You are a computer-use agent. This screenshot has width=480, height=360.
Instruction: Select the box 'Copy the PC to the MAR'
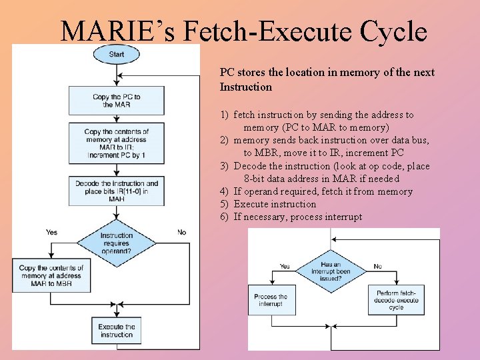pyautogui.click(x=117, y=101)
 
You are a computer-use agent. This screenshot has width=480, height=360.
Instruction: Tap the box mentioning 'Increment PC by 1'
pyautogui.click(x=117, y=143)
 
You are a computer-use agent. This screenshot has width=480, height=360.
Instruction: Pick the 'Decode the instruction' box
pyautogui.click(x=117, y=191)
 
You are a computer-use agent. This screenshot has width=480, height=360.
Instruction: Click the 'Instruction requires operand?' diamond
pyautogui.click(x=117, y=243)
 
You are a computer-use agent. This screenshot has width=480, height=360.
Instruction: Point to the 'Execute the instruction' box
pyautogui.click(x=117, y=331)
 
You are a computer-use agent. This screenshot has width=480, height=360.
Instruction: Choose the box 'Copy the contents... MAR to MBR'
pyautogui.click(x=51, y=275)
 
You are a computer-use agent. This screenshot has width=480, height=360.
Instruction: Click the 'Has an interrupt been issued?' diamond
pyautogui.click(x=331, y=271)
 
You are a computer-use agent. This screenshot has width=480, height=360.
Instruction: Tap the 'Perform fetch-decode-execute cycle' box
pyautogui.click(x=396, y=300)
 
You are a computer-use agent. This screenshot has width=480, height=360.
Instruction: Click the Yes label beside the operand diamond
pyautogui.click(x=51, y=232)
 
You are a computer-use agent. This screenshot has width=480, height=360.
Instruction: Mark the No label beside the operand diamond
pyautogui.click(x=181, y=232)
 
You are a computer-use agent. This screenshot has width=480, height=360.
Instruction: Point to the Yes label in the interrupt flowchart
pyautogui.click(x=285, y=266)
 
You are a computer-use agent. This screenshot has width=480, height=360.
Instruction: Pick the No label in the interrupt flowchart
pyautogui.click(x=377, y=266)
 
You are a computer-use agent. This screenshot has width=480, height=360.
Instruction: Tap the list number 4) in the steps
pyautogui.click(x=225, y=192)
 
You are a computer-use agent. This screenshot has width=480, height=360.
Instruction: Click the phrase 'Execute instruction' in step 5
pyautogui.click(x=275, y=205)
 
